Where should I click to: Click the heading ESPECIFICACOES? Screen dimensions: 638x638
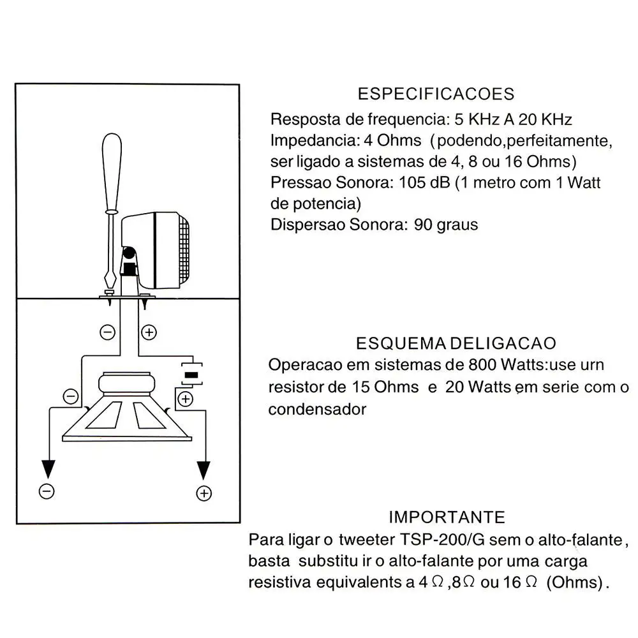click(436, 94)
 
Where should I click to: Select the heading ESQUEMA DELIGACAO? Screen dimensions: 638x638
click(456, 344)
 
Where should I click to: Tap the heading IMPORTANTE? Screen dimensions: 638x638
click(447, 517)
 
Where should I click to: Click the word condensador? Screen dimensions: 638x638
click(317, 409)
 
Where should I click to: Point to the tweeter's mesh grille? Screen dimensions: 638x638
click(182, 249)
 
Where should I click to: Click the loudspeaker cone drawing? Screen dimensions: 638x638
click(128, 415)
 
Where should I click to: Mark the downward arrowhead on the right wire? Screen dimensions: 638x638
click(204, 471)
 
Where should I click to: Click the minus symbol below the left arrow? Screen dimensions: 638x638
click(47, 491)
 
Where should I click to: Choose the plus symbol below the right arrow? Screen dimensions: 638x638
click(204, 493)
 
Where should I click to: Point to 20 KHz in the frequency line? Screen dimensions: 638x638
click(545, 119)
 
